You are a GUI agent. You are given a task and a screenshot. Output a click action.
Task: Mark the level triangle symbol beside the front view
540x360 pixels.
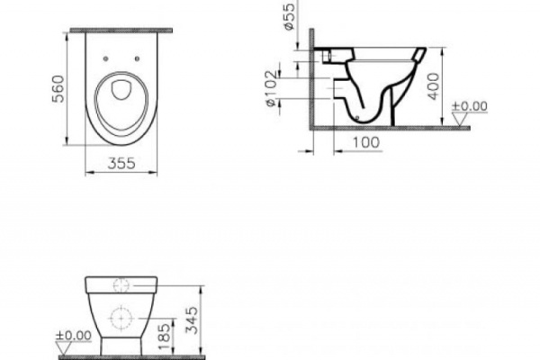click(x=63, y=347)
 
